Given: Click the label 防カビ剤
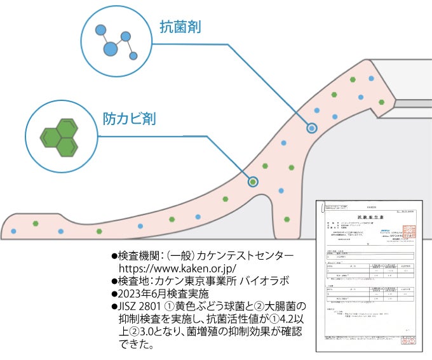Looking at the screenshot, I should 130,119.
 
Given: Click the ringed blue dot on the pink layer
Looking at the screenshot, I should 312,128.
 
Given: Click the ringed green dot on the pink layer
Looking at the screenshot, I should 253,182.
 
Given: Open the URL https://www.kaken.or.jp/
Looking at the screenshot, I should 182,267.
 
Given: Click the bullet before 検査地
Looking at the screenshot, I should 114,281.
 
